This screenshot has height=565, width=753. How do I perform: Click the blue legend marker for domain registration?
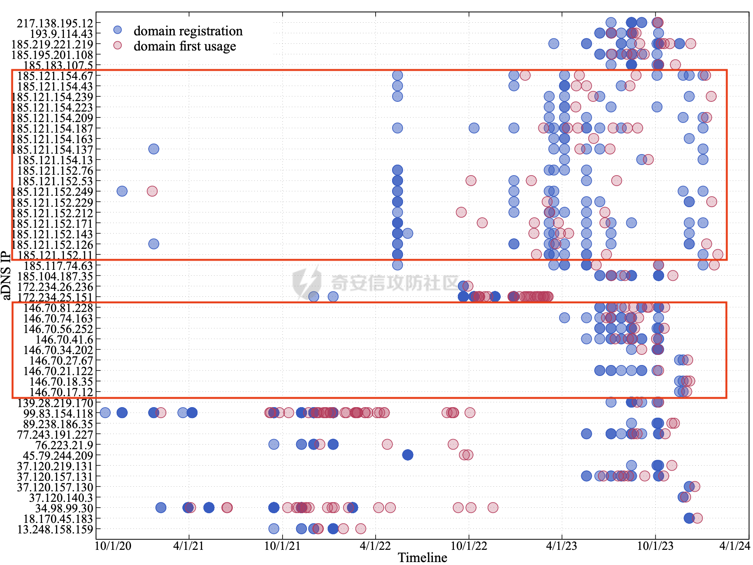click(117, 30)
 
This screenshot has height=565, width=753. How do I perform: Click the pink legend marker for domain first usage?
click(117, 45)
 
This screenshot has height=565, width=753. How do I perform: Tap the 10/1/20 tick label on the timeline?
click(113, 546)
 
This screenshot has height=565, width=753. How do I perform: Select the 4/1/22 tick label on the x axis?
click(375, 546)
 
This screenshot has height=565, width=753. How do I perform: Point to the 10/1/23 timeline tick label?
click(655, 546)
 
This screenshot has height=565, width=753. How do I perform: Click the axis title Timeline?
click(422, 558)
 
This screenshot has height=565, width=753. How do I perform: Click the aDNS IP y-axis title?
click(6, 275)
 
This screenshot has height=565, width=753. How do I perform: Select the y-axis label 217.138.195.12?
click(55, 23)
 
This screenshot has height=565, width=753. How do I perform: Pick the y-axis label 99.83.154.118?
click(58, 413)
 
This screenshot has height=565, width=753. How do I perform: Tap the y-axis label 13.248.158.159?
click(55, 529)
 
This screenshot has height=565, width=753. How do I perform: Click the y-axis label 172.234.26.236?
click(55, 287)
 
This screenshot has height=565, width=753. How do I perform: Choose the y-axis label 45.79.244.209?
click(58, 456)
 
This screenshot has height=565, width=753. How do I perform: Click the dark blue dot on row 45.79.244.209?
click(407, 455)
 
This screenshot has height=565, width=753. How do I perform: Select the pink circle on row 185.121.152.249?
click(152, 191)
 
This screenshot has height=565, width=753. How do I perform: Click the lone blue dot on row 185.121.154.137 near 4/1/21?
click(154, 149)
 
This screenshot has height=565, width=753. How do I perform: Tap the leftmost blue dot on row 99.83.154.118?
click(105, 413)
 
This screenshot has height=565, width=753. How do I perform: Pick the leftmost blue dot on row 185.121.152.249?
click(122, 191)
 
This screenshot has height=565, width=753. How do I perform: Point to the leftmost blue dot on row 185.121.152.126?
click(154, 244)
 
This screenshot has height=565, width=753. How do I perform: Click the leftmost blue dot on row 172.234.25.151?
click(313, 296)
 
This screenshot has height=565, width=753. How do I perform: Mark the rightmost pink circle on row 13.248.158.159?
click(360, 528)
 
